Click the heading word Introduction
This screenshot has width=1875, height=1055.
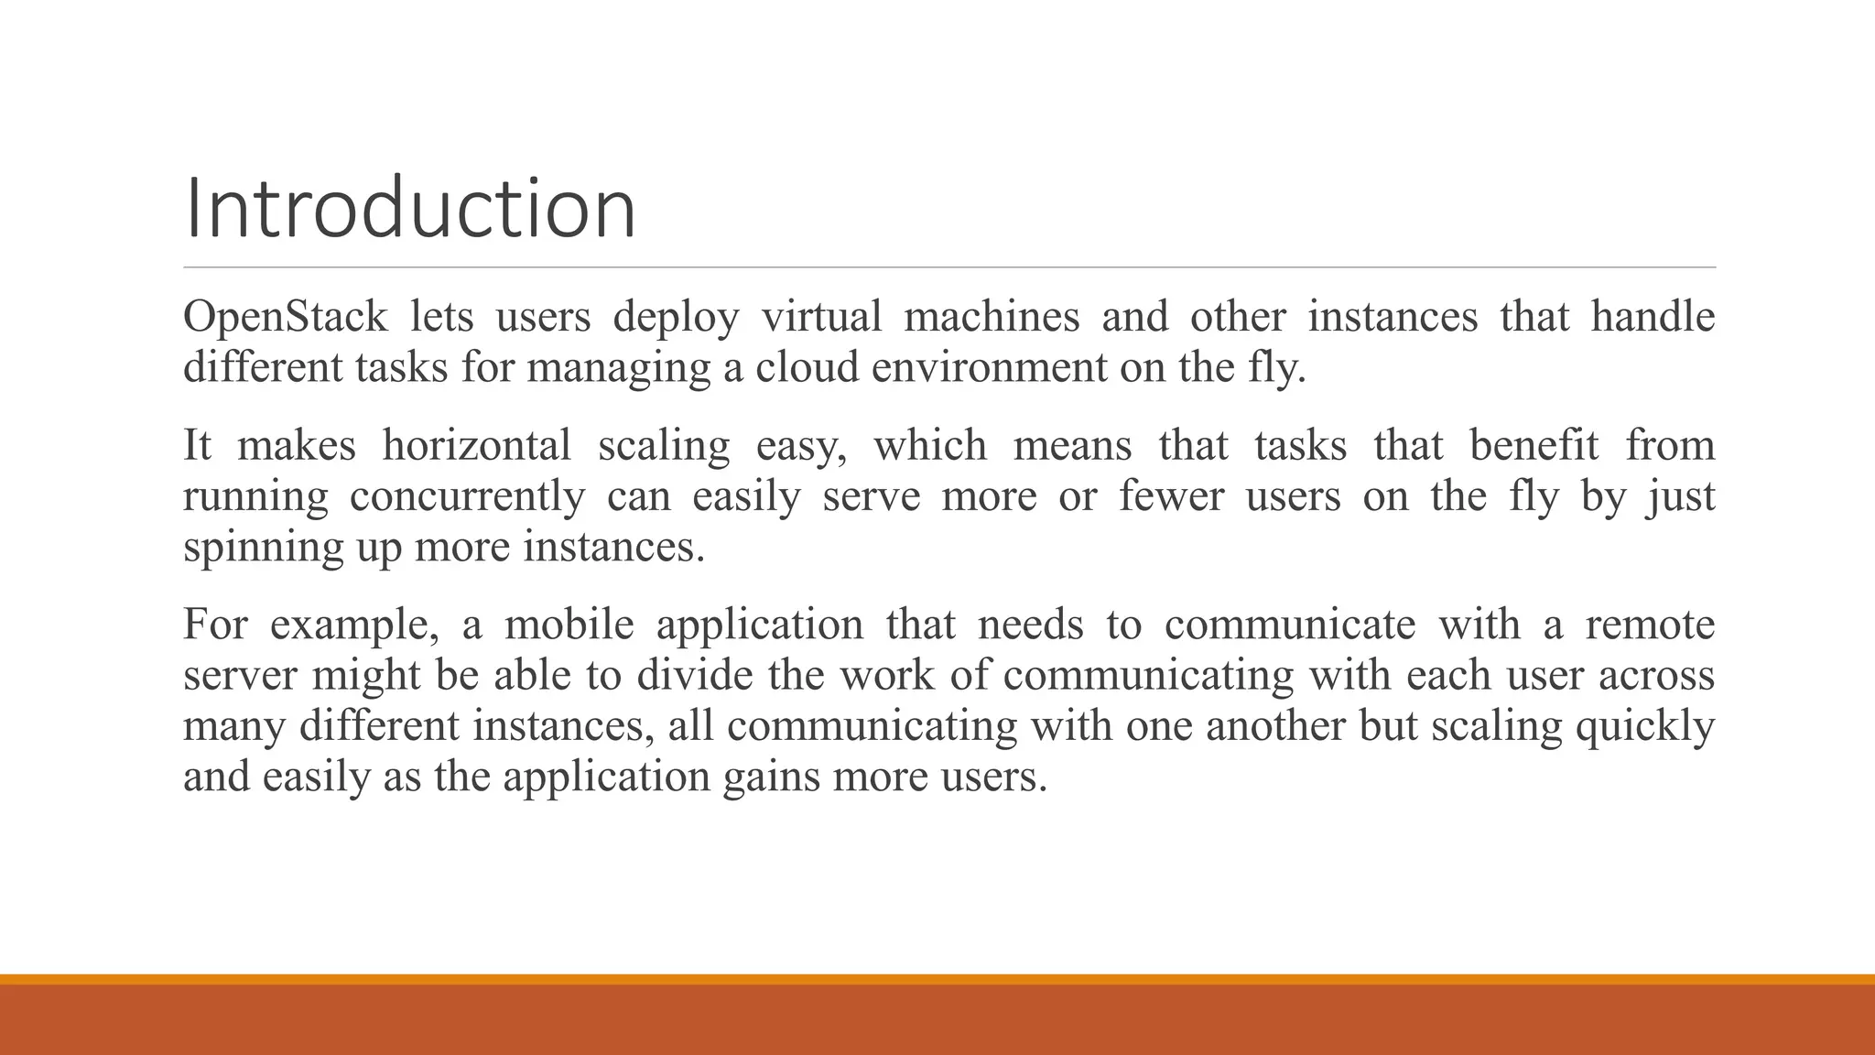409,209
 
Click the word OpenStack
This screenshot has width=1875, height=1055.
286,318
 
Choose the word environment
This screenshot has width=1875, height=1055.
988,368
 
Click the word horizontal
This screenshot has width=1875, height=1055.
476,446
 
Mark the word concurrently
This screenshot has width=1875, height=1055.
467,497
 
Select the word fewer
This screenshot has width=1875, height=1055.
1171,497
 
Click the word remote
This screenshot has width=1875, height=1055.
1650,625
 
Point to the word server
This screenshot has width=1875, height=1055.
240,676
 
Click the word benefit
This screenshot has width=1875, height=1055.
1534,446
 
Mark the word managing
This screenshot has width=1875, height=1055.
618,368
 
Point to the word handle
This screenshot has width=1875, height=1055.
1653,318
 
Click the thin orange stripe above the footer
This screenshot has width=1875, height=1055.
937,979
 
